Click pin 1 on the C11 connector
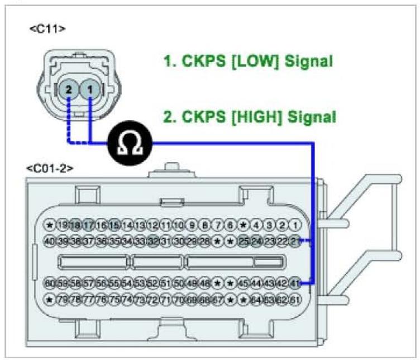(x=90, y=89)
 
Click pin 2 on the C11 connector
(x=68, y=89)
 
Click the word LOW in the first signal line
(x=247, y=61)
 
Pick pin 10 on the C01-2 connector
(x=179, y=225)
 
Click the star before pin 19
(x=50, y=225)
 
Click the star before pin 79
(x=50, y=300)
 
